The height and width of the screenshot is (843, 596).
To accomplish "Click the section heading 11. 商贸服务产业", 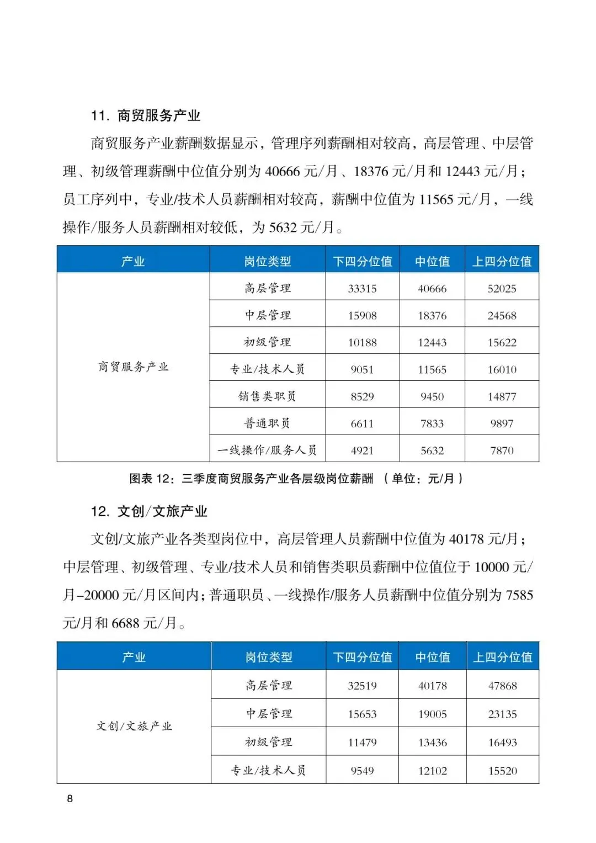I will (146, 116).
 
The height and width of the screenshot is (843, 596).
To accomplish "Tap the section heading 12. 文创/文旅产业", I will (149, 511).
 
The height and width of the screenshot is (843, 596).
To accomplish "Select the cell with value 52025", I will (502, 289).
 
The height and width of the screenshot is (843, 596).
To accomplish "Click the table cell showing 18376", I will (432, 316).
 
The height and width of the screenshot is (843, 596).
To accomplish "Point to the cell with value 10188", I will (362, 343).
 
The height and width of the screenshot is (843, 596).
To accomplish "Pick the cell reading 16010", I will (502, 370).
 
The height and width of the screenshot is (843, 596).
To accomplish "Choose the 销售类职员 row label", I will (267, 396).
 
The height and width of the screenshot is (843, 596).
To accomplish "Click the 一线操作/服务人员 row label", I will (267, 450).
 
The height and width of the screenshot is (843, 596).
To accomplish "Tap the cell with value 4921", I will (362, 450).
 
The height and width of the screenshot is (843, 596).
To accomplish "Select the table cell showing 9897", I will (502, 423).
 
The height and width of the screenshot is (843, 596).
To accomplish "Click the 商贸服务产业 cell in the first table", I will (133, 367).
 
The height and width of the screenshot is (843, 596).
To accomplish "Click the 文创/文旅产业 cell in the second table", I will (134, 727).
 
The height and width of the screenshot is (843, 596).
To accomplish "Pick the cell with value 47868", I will (502, 686).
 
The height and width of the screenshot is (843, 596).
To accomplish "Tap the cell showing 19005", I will (432, 714).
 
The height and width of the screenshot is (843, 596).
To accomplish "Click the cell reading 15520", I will (502, 771).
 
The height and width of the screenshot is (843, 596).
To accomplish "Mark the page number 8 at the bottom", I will (70, 799).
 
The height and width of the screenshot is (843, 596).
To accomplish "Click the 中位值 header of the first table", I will (432, 262).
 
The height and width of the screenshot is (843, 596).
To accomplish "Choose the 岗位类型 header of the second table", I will (269, 658).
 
